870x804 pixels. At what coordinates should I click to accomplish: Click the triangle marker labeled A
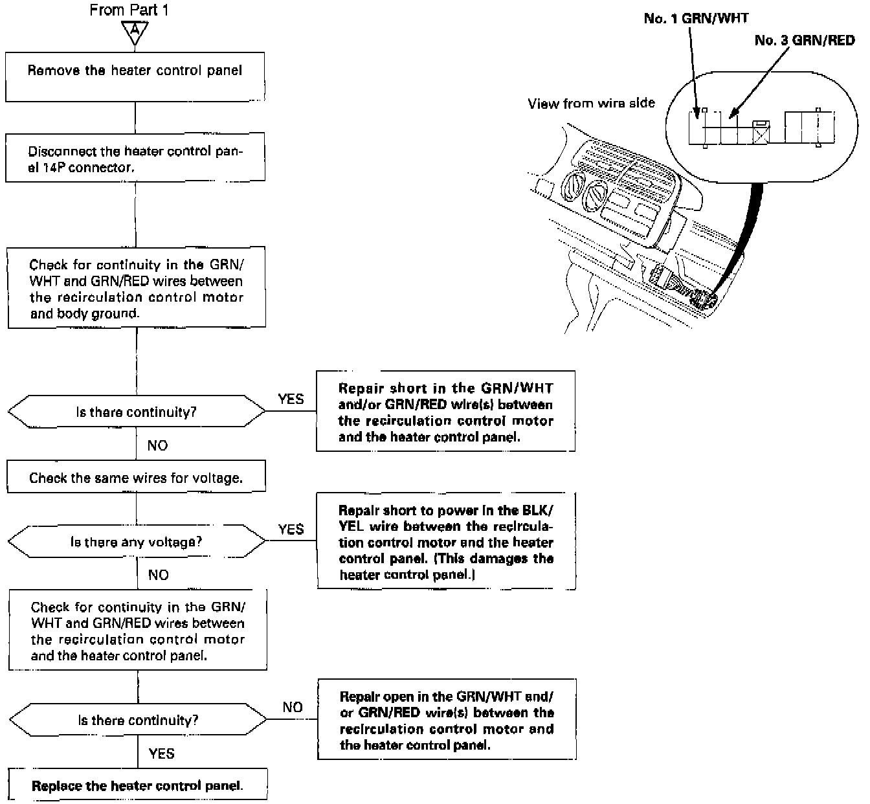(x=135, y=32)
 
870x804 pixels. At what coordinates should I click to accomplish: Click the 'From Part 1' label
(x=129, y=10)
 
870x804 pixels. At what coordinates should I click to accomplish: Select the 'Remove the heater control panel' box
(x=135, y=76)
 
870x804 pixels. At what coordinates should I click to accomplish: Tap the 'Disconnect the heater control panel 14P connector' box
(x=135, y=157)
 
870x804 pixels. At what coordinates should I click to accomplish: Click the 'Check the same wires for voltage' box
(x=136, y=477)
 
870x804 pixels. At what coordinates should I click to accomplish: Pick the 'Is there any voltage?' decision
(x=136, y=542)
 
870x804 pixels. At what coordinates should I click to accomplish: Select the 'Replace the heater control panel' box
(x=137, y=785)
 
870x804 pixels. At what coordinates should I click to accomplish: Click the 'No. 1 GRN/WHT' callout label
(x=696, y=18)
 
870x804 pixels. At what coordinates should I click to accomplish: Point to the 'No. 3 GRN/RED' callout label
(x=804, y=40)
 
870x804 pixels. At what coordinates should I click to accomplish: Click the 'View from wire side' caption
(x=591, y=103)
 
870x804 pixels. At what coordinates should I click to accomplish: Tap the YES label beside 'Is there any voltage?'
(x=291, y=529)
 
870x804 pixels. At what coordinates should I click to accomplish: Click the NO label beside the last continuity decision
(x=293, y=707)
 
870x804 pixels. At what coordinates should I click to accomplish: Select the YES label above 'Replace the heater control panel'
(x=161, y=753)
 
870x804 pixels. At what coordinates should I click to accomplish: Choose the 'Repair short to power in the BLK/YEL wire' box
(x=446, y=541)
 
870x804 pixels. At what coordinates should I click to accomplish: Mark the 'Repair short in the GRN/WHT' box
(x=445, y=411)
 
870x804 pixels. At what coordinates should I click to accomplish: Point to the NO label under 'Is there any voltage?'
(x=158, y=574)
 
